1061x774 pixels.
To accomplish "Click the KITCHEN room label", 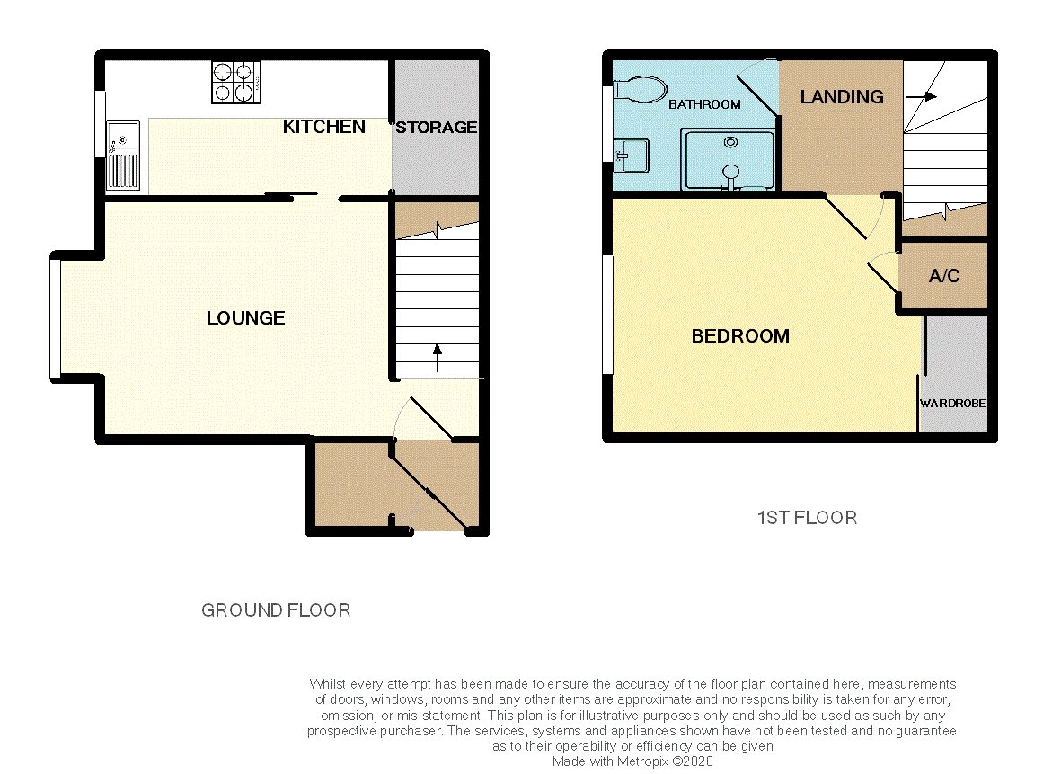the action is pos(323,127).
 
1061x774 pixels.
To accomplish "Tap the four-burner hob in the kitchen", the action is pos(236,83).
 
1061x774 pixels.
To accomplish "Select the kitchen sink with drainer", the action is pos(122,156).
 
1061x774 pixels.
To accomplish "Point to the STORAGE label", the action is pos(437,128).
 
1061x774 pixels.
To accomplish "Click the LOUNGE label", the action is pos(245,318).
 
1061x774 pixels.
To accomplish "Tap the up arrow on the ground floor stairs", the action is pos(438,358).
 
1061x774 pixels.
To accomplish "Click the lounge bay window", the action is pos(56,318).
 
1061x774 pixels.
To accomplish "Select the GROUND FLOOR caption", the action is pos(276,610).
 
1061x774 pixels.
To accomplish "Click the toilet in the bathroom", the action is pos(640,89).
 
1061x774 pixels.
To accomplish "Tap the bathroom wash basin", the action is pos(632,156).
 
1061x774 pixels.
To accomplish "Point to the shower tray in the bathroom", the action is pos(728,159).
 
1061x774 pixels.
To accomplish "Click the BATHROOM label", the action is pos(704,104).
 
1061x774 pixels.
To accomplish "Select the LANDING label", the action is pos(842,97).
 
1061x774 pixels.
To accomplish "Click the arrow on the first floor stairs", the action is pos(922,97).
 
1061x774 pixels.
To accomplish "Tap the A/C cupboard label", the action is pos(944,276).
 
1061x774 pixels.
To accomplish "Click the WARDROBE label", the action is pos(952,403).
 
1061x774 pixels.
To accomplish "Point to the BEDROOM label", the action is pos(740,336).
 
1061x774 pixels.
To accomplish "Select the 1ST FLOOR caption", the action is pos(808,518).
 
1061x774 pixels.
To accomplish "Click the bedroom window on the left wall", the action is pos(607,315).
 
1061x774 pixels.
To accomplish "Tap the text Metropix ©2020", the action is pos(665,761).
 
